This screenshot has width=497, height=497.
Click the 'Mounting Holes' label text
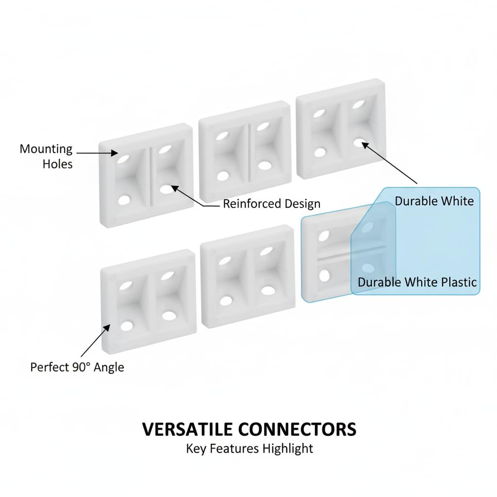[x=46, y=156]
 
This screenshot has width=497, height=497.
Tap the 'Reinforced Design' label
[x=272, y=203]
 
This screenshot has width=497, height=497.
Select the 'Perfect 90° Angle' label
[x=77, y=367]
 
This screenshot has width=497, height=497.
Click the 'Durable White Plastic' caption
[x=417, y=282]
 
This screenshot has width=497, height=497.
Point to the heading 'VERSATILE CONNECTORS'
[x=249, y=429]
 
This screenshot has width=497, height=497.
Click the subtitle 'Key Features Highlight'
[x=249, y=449]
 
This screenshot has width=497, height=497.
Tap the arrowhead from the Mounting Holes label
[x=115, y=153]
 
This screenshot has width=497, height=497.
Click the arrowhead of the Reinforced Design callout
[x=175, y=189]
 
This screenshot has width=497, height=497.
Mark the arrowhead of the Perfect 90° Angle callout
[x=107, y=328]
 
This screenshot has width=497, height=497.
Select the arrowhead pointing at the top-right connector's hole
[x=365, y=146]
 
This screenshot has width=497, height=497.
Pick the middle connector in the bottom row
[x=248, y=276]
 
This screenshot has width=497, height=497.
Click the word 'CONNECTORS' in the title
[x=297, y=429]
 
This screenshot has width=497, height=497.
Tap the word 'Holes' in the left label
[x=58, y=164]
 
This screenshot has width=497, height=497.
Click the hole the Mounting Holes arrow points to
[x=123, y=159]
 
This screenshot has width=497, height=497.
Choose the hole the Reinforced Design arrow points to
[x=166, y=190]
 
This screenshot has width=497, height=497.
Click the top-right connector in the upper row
[x=341, y=128]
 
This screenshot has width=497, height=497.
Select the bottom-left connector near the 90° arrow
[x=149, y=301]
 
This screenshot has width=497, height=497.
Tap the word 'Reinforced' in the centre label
[x=252, y=203]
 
